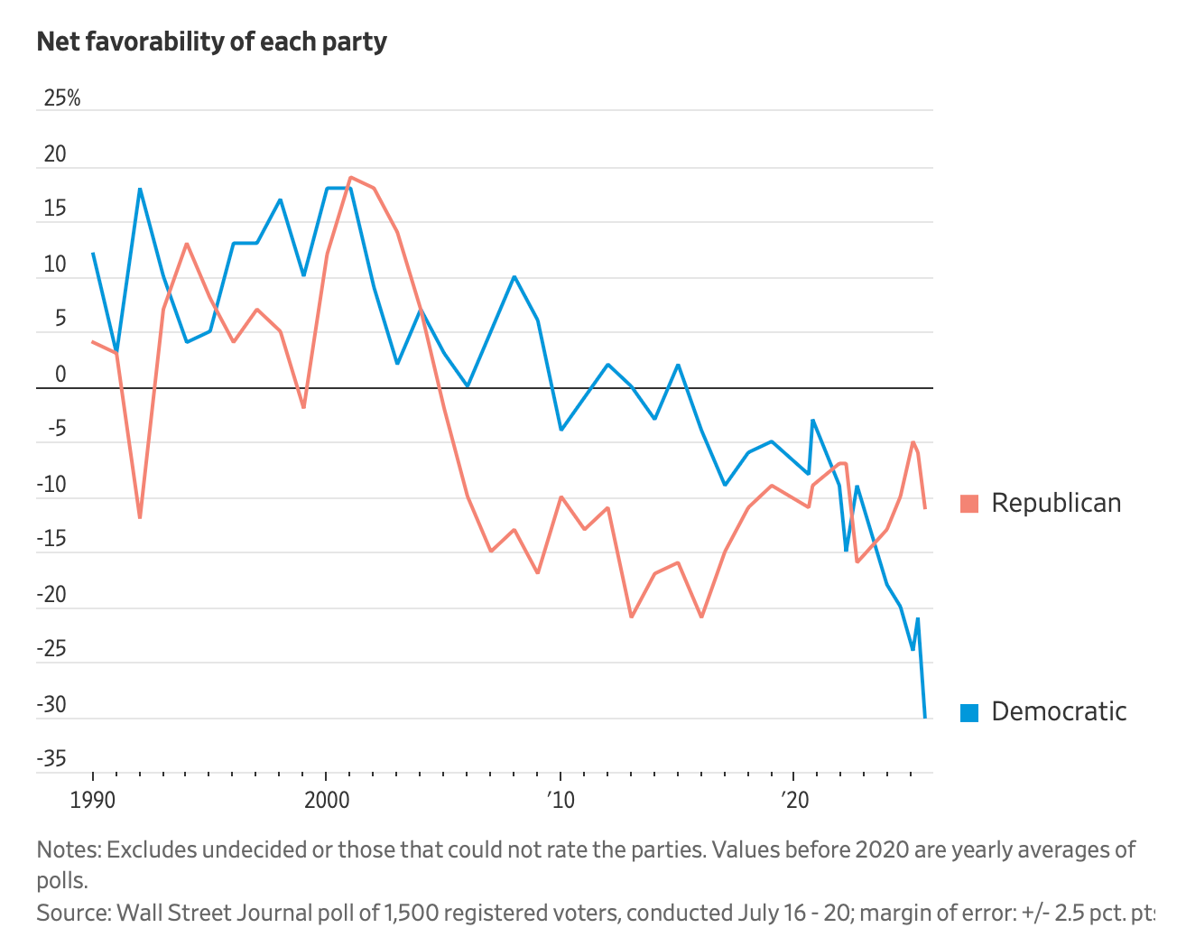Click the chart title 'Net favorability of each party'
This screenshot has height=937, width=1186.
(211, 42)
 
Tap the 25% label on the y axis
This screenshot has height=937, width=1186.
(61, 98)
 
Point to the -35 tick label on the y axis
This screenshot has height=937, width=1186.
(51, 759)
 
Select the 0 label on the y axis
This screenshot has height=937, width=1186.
(60, 375)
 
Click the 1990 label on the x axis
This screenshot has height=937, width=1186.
(93, 801)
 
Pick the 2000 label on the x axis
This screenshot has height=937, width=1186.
(327, 801)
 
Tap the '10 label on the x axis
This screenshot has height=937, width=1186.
(560, 801)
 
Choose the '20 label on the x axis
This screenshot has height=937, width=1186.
(793, 801)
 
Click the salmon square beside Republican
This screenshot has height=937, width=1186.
(969, 504)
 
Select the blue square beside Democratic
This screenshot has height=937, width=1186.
(969, 712)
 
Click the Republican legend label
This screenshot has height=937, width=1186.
(1056, 503)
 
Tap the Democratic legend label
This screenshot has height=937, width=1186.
(1059, 711)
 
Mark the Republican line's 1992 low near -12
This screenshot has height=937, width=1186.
(140, 518)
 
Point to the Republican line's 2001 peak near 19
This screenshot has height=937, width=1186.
(350, 178)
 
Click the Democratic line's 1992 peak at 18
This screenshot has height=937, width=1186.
(140, 189)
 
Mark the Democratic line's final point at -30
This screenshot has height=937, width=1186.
(925, 718)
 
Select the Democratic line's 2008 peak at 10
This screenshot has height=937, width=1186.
(514, 276)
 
